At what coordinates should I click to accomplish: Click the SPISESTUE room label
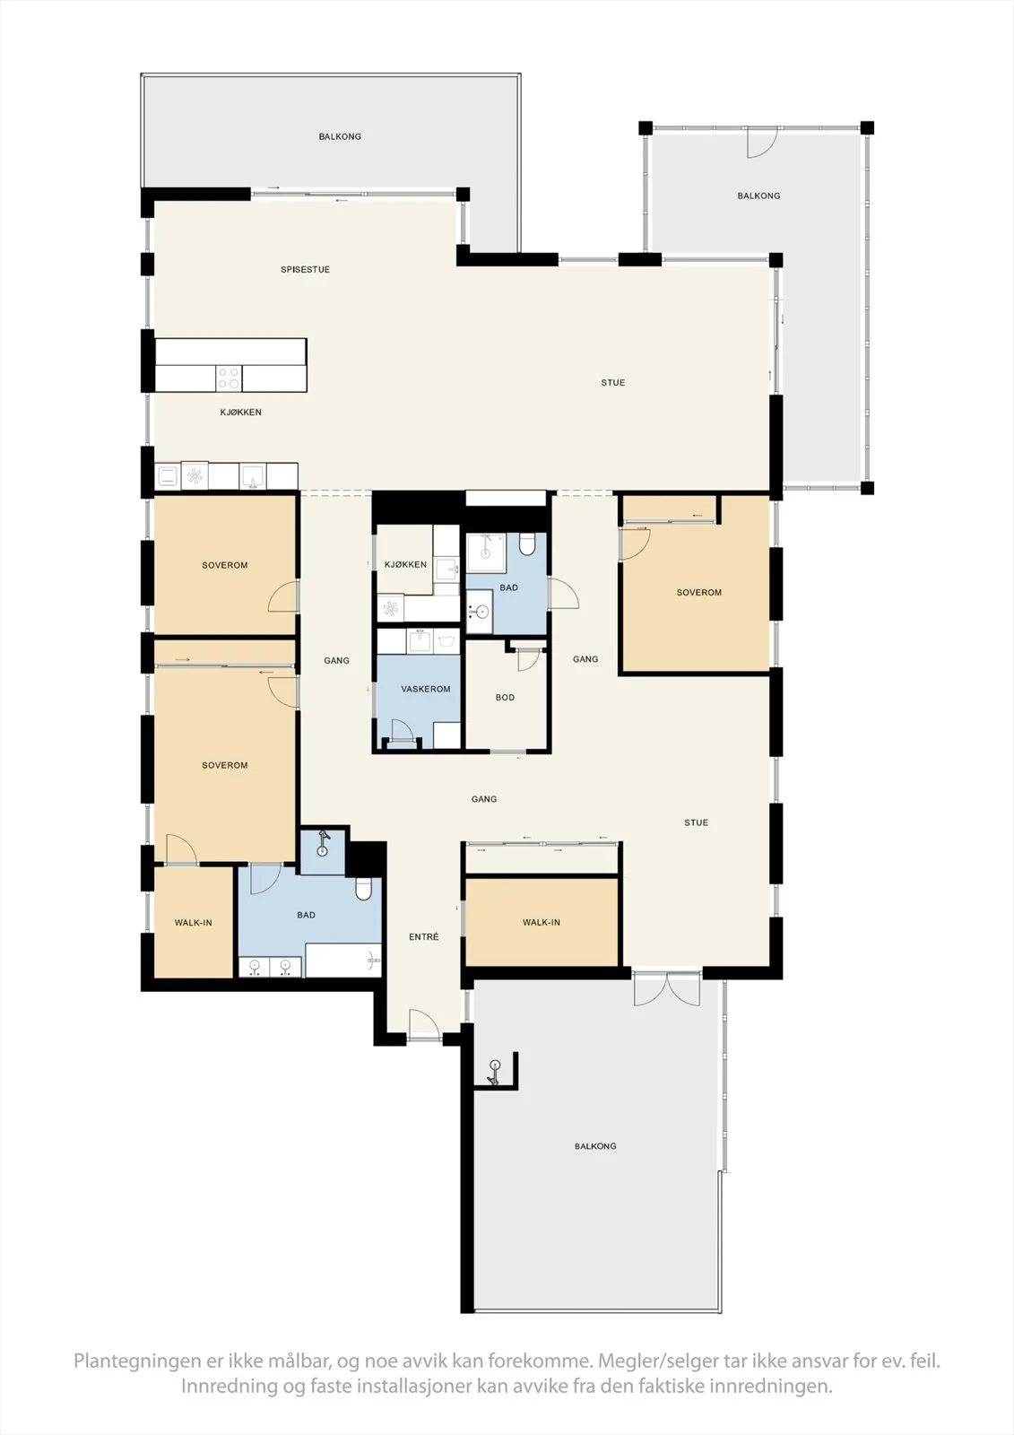click(x=305, y=270)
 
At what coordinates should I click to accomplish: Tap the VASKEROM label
click(x=425, y=690)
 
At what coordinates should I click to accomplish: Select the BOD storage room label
click(x=505, y=698)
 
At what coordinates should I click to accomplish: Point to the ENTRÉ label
click(x=424, y=937)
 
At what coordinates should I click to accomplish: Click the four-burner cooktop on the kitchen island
click(x=229, y=378)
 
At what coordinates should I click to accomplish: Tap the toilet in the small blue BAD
click(x=526, y=544)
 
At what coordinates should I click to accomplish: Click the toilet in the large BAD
click(x=363, y=889)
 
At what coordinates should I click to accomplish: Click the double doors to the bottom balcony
click(x=667, y=990)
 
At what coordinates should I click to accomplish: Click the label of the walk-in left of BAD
click(x=193, y=923)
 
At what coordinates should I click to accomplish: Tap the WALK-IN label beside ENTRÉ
click(x=542, y=923)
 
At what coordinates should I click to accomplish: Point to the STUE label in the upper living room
click(x=613, y=382)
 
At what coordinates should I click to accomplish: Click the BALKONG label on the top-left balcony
click(x=340, y=136)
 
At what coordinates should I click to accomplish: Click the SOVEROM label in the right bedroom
click(x=698, y=593)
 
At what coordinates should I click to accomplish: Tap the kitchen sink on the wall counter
click(x=253, y=476)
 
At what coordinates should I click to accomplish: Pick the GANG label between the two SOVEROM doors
click(x=336, y=660)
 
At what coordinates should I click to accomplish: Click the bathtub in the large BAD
click(x=343, y=961)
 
